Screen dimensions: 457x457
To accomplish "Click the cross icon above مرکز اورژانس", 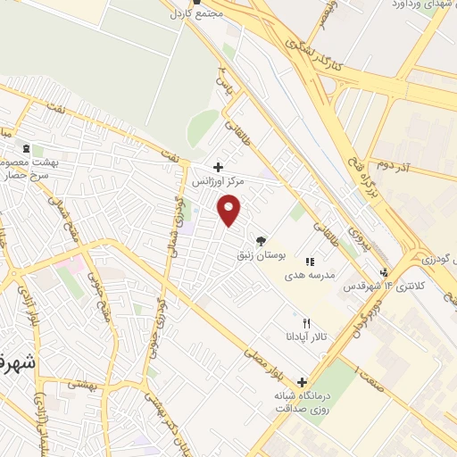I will click(218, 166).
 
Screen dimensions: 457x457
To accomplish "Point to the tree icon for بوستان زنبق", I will click(261, 240).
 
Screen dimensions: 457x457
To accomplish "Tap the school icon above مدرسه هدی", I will click(310, 262).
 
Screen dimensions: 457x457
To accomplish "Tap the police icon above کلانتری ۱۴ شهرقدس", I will click(384, 272).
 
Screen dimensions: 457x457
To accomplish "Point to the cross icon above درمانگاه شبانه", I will click(302, 382).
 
